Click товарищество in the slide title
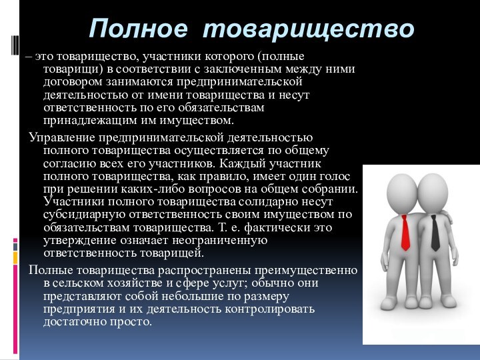click(309, 29)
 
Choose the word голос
click(336, 177)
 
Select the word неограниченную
click(219, 240)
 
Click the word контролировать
click(275, 309)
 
